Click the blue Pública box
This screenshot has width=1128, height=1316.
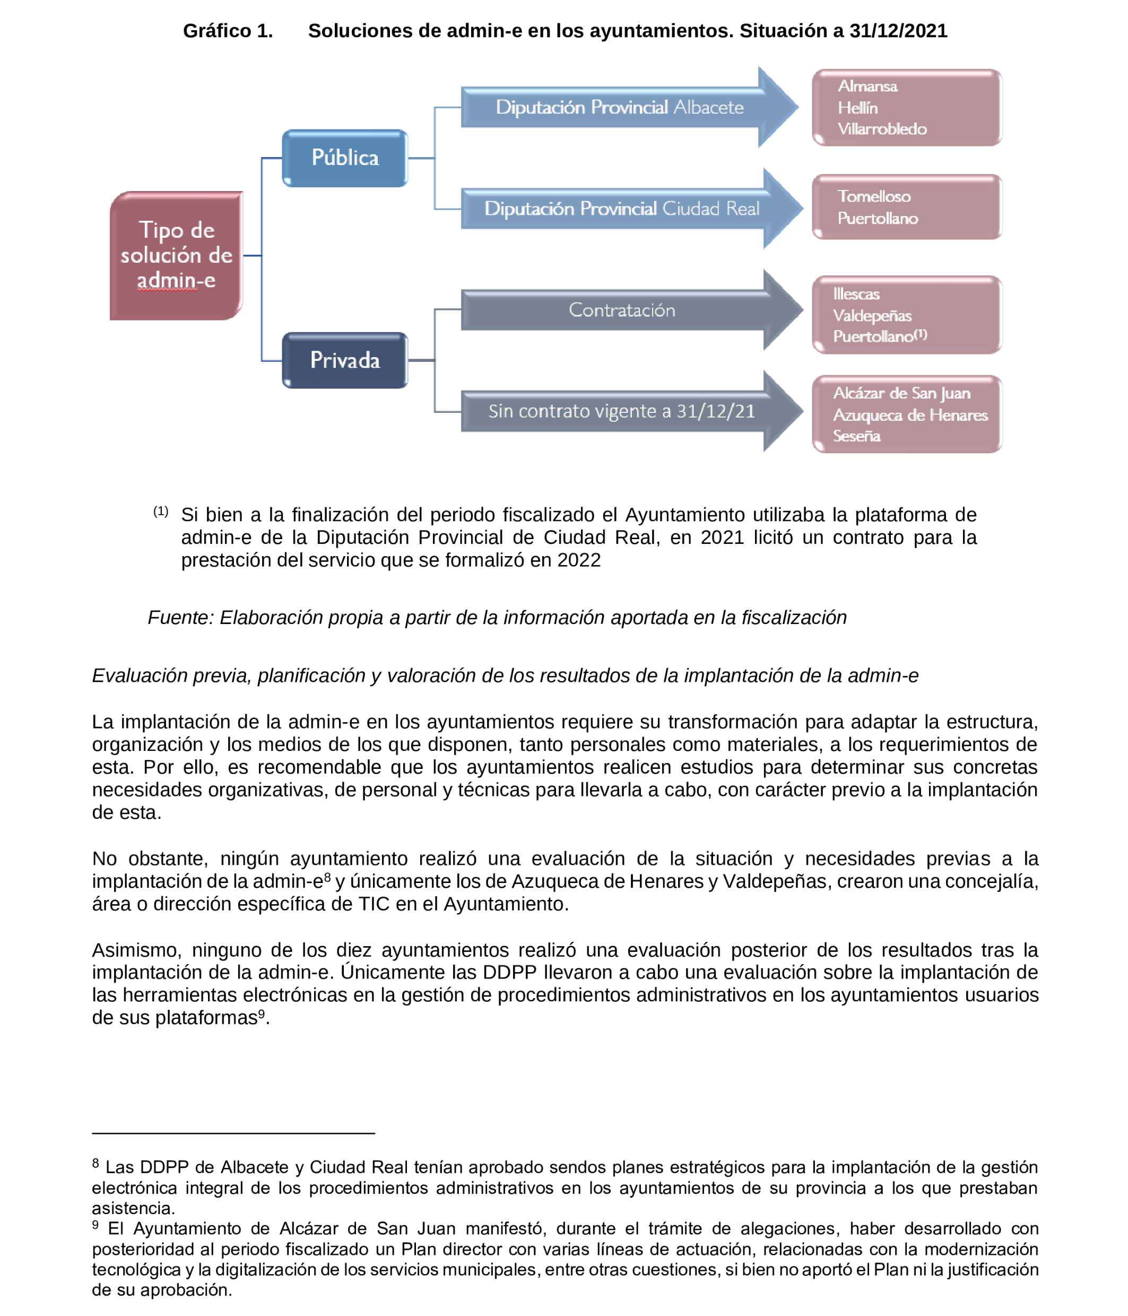[x=344, y=158]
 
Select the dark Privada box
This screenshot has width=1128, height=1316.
[x=344, y=360]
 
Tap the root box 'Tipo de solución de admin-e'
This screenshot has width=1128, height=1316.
[x=176, y=255]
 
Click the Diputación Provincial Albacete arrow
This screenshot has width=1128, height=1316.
[x=619, y=107]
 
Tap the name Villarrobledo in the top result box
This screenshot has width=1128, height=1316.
[x=882, y=129]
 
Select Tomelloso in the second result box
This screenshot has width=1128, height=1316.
[x=873, y=196]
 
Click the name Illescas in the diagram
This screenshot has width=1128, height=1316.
[x=856, y=294]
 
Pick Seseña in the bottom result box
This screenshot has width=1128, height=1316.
[x=856, y=436]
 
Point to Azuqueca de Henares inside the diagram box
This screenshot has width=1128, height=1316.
[x=909, y=415]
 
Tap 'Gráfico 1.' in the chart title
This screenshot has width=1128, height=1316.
[x=228, y=30]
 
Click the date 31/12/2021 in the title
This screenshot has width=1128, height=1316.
[x=898, y=30]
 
